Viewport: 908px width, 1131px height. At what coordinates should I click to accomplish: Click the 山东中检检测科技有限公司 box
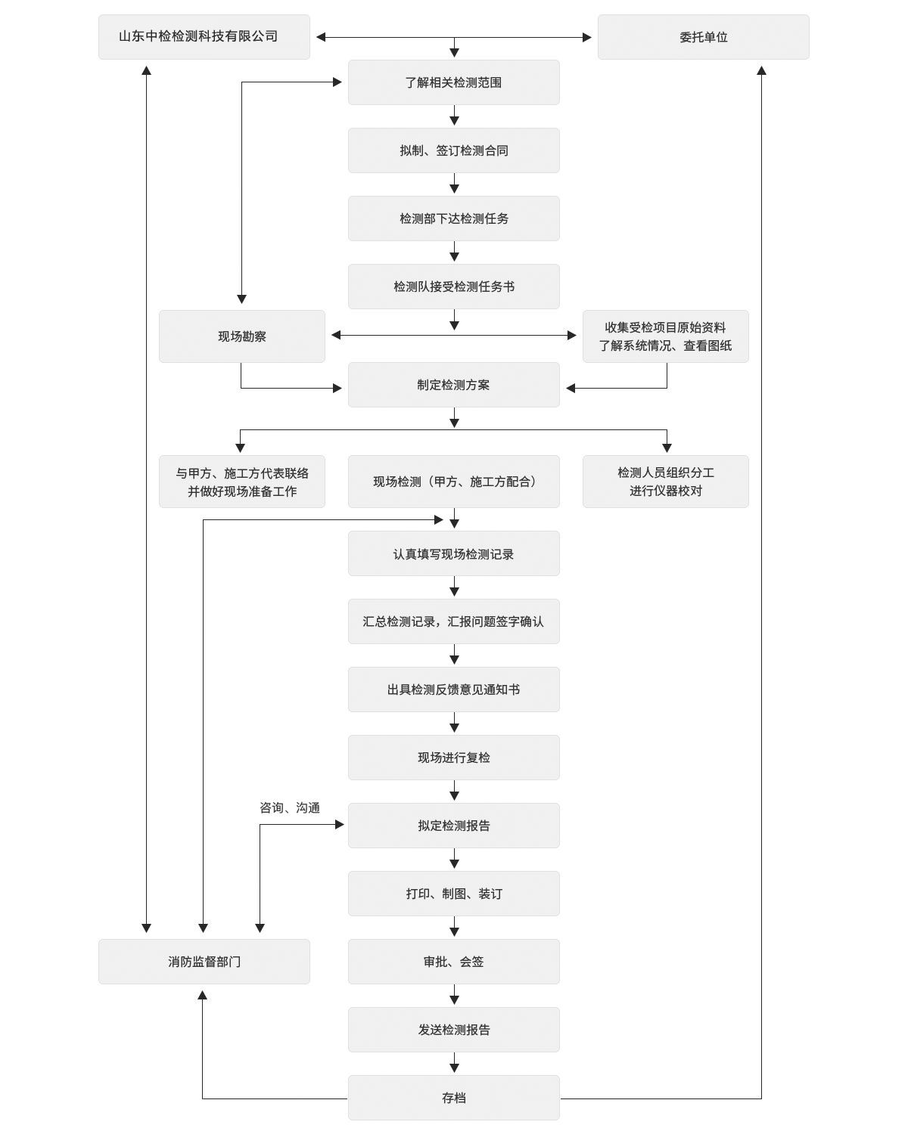[204, 37]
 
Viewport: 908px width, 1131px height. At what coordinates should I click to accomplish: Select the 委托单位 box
[704, 37]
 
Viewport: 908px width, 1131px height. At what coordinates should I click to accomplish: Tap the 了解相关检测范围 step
[453, 82]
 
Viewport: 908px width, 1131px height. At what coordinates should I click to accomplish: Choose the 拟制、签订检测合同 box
[453, 150]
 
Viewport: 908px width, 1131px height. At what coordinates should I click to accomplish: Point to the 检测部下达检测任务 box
[453, 218]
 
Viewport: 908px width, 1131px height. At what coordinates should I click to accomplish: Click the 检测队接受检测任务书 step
[453, 287]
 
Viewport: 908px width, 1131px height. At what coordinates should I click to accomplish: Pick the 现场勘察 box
[242, 336]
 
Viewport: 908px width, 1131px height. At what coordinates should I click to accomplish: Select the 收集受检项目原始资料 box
[665, 336]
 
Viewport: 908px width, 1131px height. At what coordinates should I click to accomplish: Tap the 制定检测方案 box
[453, 385]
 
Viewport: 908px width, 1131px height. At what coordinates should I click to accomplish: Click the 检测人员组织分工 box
[665, 482]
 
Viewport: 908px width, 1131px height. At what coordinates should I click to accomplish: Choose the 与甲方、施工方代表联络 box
[242, 482]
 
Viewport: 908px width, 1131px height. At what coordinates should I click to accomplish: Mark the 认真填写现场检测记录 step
[453, 553]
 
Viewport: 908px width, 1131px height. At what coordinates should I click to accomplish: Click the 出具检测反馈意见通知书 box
[453, 689]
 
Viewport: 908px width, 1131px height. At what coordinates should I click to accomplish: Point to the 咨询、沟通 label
[290, 807]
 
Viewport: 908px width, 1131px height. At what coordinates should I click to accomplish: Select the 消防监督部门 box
[204, 962]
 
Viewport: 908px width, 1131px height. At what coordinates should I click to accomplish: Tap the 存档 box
[453, 1098]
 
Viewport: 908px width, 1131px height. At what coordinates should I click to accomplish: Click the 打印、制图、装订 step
[453, 894]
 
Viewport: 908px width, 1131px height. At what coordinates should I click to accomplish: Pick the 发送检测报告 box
[453, 1030]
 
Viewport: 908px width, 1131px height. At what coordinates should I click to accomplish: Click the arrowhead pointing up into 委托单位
[761, 70]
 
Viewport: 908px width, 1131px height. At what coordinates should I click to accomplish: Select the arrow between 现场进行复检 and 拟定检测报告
[455, 791]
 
